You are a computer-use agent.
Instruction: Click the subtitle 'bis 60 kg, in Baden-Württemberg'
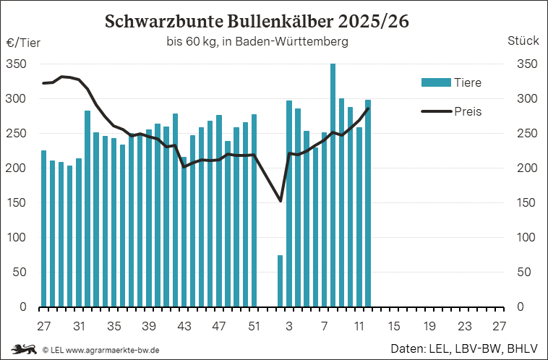(x=257, y=42)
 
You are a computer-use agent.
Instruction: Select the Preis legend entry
(x=451, y=111)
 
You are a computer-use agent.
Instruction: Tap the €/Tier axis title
(x=23, y=42)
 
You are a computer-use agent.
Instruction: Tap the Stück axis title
(x=523, y=42)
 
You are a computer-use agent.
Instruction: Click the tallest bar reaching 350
(x=333, y=185)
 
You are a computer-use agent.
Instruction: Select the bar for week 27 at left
(x=43, y=228)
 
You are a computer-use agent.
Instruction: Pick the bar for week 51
(x=254, y=210)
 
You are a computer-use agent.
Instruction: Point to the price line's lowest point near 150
(x=281, y=201)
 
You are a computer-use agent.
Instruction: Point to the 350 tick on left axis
(x=17, y=64)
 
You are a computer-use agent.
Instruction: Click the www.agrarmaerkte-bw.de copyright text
(x=102, y=350)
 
